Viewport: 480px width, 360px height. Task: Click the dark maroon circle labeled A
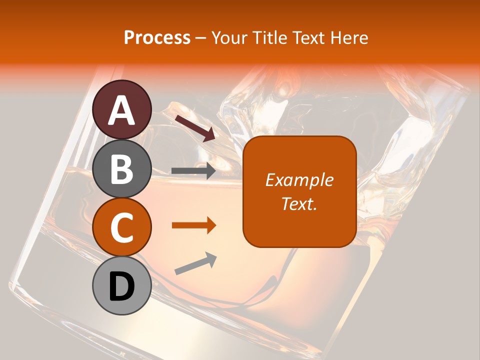pos(122,109)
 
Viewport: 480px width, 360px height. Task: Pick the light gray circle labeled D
pos(122,285)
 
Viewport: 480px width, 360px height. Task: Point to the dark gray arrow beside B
pos(193,170)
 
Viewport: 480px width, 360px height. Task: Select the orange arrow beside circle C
pos(193,225)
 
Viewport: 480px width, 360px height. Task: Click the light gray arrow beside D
pos(195,263)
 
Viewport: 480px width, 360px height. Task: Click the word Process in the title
pos(157,37)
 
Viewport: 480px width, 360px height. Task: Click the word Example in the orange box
pos(299,180)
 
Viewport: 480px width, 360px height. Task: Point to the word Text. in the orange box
pos(299,203)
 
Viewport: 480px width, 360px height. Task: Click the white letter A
pos(122,110)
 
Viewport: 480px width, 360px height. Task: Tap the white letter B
pos(122,168)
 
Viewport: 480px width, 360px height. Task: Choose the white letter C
pos(122,227)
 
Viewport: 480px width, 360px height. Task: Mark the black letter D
pos(122,286)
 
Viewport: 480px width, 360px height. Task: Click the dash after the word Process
pos(201,38)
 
